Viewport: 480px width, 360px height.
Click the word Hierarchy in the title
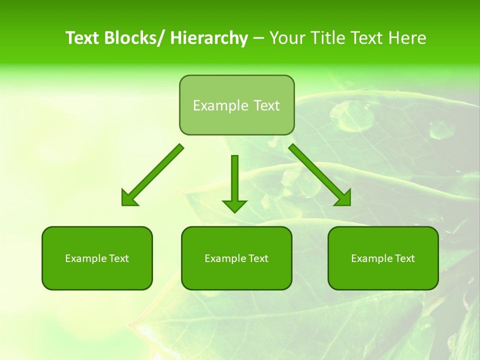click(x=209, y=38)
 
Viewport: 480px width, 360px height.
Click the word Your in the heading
click(x=287, y=38)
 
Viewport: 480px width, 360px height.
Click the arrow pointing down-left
click(x=155, y=173)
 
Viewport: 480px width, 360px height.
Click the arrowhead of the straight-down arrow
click(x=234, y=205)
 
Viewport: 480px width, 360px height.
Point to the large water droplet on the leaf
click(x=351, y=114)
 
